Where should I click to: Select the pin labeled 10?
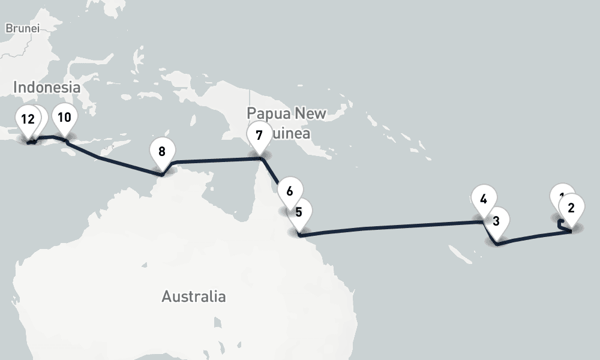click(64, 118)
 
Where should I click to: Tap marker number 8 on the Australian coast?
click(162, 152)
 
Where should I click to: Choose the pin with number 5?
click(298, 212)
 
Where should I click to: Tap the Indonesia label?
click(47, 87)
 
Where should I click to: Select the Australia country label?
click(194, 296)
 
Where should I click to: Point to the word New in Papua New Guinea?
click(313, 113)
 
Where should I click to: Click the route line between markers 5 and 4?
click(390, 226)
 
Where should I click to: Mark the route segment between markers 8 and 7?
click(216, 160)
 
